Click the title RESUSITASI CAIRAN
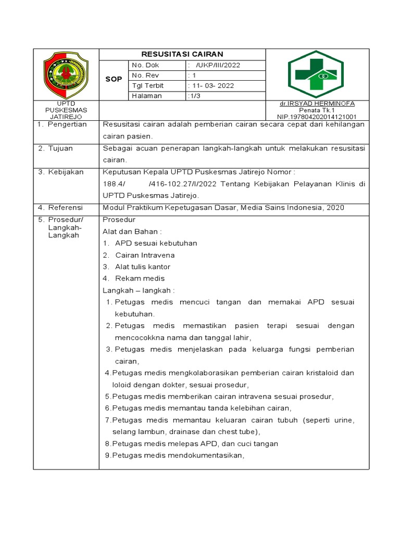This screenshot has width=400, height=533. point(182,54)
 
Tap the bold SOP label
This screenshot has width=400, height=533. point(114,80)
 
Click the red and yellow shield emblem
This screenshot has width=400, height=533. point(65,75)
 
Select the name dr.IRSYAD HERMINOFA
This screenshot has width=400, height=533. point(317,104)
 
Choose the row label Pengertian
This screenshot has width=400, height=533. point(67,124)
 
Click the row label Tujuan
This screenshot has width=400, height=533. point(62,148)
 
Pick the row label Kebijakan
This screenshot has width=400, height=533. point(65,172)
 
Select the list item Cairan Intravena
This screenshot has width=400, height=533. point(145,255)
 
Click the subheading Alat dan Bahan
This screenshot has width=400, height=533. point(132,231)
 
